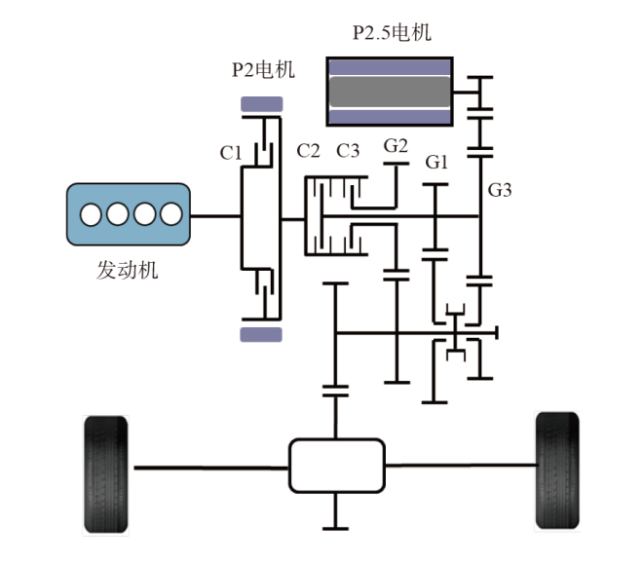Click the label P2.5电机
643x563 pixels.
point(391,34)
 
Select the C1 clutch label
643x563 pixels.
point(231,153)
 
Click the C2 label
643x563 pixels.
point(309,151)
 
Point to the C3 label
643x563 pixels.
point(348,151)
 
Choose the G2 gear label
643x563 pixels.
point(396,147)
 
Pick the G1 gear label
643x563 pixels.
point(436,163)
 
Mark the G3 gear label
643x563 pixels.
point(500,190)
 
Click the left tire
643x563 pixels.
point(106,473)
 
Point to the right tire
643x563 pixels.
point(558,470)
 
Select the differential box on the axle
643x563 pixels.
point(334,466)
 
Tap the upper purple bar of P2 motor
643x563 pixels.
point(261,104)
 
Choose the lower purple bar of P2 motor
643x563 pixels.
point(261,334)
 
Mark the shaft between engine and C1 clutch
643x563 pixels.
point(214,215)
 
